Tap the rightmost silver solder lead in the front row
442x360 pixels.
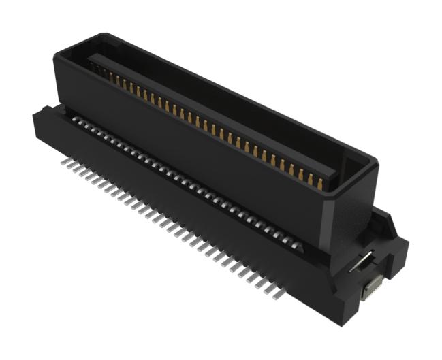click(276, 295)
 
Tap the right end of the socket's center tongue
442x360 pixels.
click(334, 176)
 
